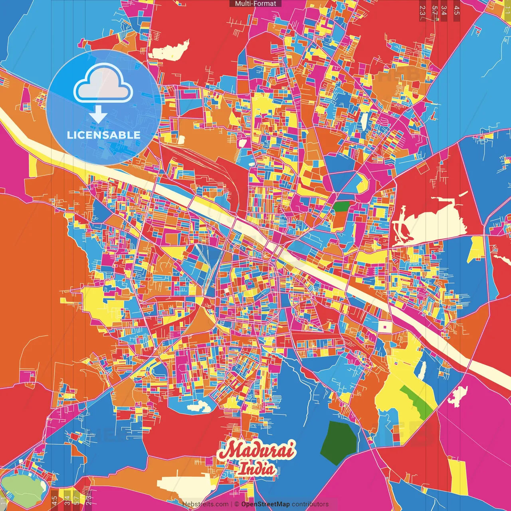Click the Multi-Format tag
[x=255, y=4]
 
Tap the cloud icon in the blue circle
[x=103, y=83]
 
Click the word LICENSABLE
[x=103, y=135]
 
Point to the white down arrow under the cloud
[x=98, y=114]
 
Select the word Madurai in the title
[x=257, y=451]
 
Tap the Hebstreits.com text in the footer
[x=205, y=504]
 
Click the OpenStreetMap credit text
[x=265, y=504]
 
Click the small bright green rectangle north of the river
[x=341, y=206]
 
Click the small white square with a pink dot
[x=385, y=327]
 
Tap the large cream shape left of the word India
[x=188, y=483]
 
